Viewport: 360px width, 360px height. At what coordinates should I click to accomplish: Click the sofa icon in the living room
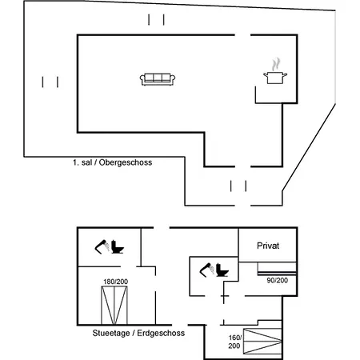click(x=158, y=79)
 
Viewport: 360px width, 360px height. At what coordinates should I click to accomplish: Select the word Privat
click(x=268, y=246)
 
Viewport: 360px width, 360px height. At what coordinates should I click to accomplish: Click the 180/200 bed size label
click(x=116, y=282)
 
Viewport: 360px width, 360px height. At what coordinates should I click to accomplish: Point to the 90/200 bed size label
click(x=278, y=280)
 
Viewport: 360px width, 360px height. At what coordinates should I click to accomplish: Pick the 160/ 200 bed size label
click(x=234, y=342)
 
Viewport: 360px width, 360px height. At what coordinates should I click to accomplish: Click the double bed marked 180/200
click(x=114, y=306)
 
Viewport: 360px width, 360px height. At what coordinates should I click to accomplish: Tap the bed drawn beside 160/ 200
click(x=262, y=342)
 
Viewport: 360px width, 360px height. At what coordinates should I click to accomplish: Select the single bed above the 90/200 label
click(x=277, y=269)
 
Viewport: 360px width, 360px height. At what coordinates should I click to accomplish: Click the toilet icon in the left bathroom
click(x=118, y=246)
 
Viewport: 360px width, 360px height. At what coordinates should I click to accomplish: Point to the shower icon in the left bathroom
click(x=102, y=246)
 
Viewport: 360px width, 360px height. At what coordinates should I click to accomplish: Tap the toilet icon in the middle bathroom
click(x=222, y=270)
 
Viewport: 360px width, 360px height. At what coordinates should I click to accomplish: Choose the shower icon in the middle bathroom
click(x=207, y=270)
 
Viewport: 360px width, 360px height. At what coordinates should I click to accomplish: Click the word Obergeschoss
click(x=126, y=162)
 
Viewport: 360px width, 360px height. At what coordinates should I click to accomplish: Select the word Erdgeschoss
click(x=161, y=333)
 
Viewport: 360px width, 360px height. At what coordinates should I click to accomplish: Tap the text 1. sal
click(x=82, y=162)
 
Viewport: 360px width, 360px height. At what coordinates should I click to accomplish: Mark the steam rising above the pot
click(x=276, y=64)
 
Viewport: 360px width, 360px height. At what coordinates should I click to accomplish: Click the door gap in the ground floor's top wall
click(x=162, y=228)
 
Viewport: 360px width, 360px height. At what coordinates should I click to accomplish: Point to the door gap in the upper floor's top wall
click(x=242, y=35)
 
